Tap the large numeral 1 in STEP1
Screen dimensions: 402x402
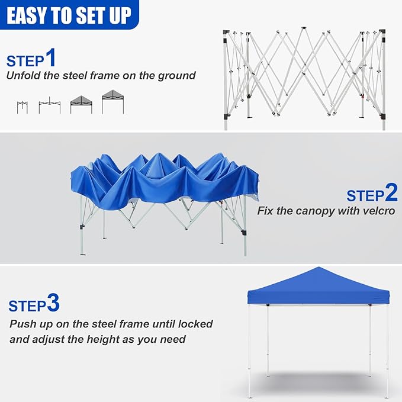(50, 58)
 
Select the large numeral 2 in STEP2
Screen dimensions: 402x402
(391, 193)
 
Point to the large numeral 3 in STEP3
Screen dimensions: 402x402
(53, 304)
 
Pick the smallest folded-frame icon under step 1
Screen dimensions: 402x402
(22, 107)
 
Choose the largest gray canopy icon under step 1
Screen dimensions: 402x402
(112, 102)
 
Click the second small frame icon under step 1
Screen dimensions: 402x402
(49, 106)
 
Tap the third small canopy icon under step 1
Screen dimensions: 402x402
(81, 105)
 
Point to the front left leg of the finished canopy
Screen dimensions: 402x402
(249, 349)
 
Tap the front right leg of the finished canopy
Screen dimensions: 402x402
(387, 349)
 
